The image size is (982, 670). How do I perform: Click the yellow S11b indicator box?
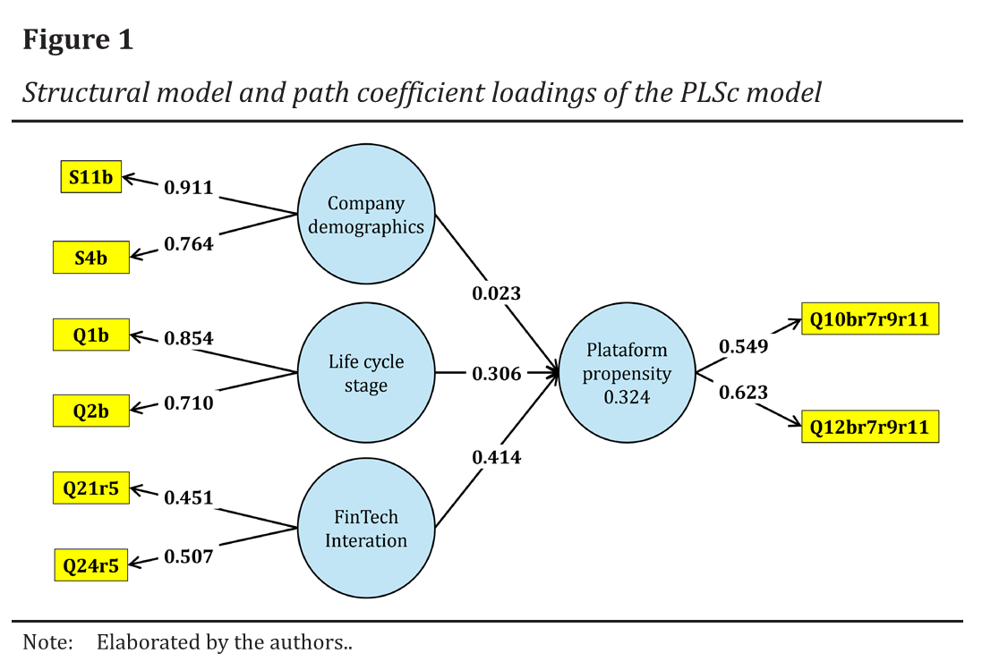(x=91, y=179)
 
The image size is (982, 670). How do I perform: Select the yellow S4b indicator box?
(x=90, y=258)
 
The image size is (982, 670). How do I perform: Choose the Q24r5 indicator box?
(x=90, y=564)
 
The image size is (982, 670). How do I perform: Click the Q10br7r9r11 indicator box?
(x=869, y=319)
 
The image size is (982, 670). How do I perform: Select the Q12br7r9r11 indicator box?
(x=869, y=427)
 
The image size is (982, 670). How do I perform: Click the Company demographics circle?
(x=365, y=215)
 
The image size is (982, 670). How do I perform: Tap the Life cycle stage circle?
(x=365, y=373)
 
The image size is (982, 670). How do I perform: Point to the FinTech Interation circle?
(x=365, y=529)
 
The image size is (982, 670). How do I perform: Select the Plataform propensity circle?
(x=627, y=373)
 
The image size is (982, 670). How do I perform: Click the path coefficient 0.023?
(x=496, y=293)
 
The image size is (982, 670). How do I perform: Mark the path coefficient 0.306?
(x=496, y=374)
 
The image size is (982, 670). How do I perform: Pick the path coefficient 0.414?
(x=496, y=457)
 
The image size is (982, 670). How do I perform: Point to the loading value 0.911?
(x=188, y=188)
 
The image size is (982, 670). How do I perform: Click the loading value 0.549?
(x=743, y=347)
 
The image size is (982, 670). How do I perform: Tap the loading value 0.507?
(x=188, y=556)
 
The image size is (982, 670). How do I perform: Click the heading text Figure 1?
(x=78, y=40)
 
